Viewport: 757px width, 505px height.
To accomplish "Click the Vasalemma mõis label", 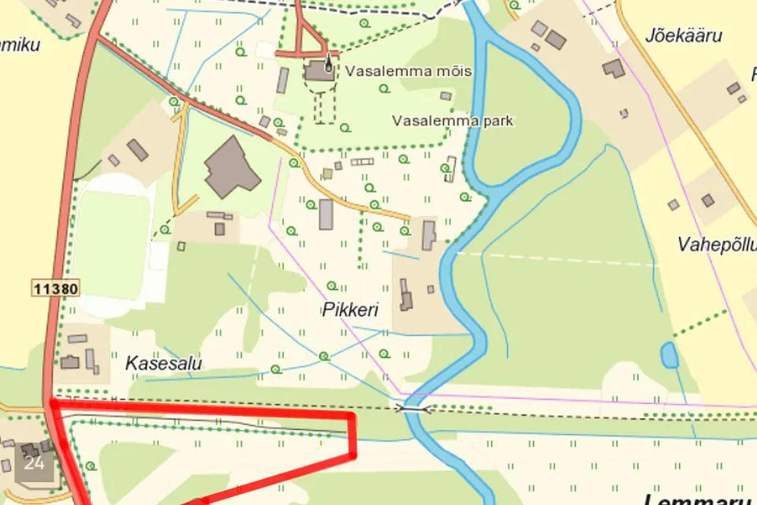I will click(x=408, y=72).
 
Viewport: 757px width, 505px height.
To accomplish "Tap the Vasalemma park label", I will click(x=453, y=122).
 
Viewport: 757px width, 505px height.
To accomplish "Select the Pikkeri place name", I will click(x=350, y=310).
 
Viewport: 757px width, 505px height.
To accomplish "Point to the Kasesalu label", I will click(x=164, y=364).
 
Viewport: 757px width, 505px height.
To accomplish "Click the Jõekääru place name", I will click(x=683, y=36).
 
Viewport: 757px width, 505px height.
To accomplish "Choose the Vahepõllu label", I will click(x=716, y=244).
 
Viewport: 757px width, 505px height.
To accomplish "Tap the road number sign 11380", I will click(x=56, y=289).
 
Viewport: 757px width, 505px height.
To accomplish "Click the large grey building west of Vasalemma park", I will click(x=231, y=167).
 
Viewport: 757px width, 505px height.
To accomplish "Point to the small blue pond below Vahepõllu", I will click(x=669, y=355).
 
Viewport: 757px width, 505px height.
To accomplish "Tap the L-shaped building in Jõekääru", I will click(x=613, y=69).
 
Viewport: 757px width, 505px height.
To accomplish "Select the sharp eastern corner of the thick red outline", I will click(x=352, y=455).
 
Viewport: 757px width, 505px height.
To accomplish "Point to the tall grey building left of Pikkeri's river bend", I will click(x=428, y=235).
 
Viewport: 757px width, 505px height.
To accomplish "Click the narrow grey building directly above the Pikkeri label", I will click(x=326, y=215).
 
